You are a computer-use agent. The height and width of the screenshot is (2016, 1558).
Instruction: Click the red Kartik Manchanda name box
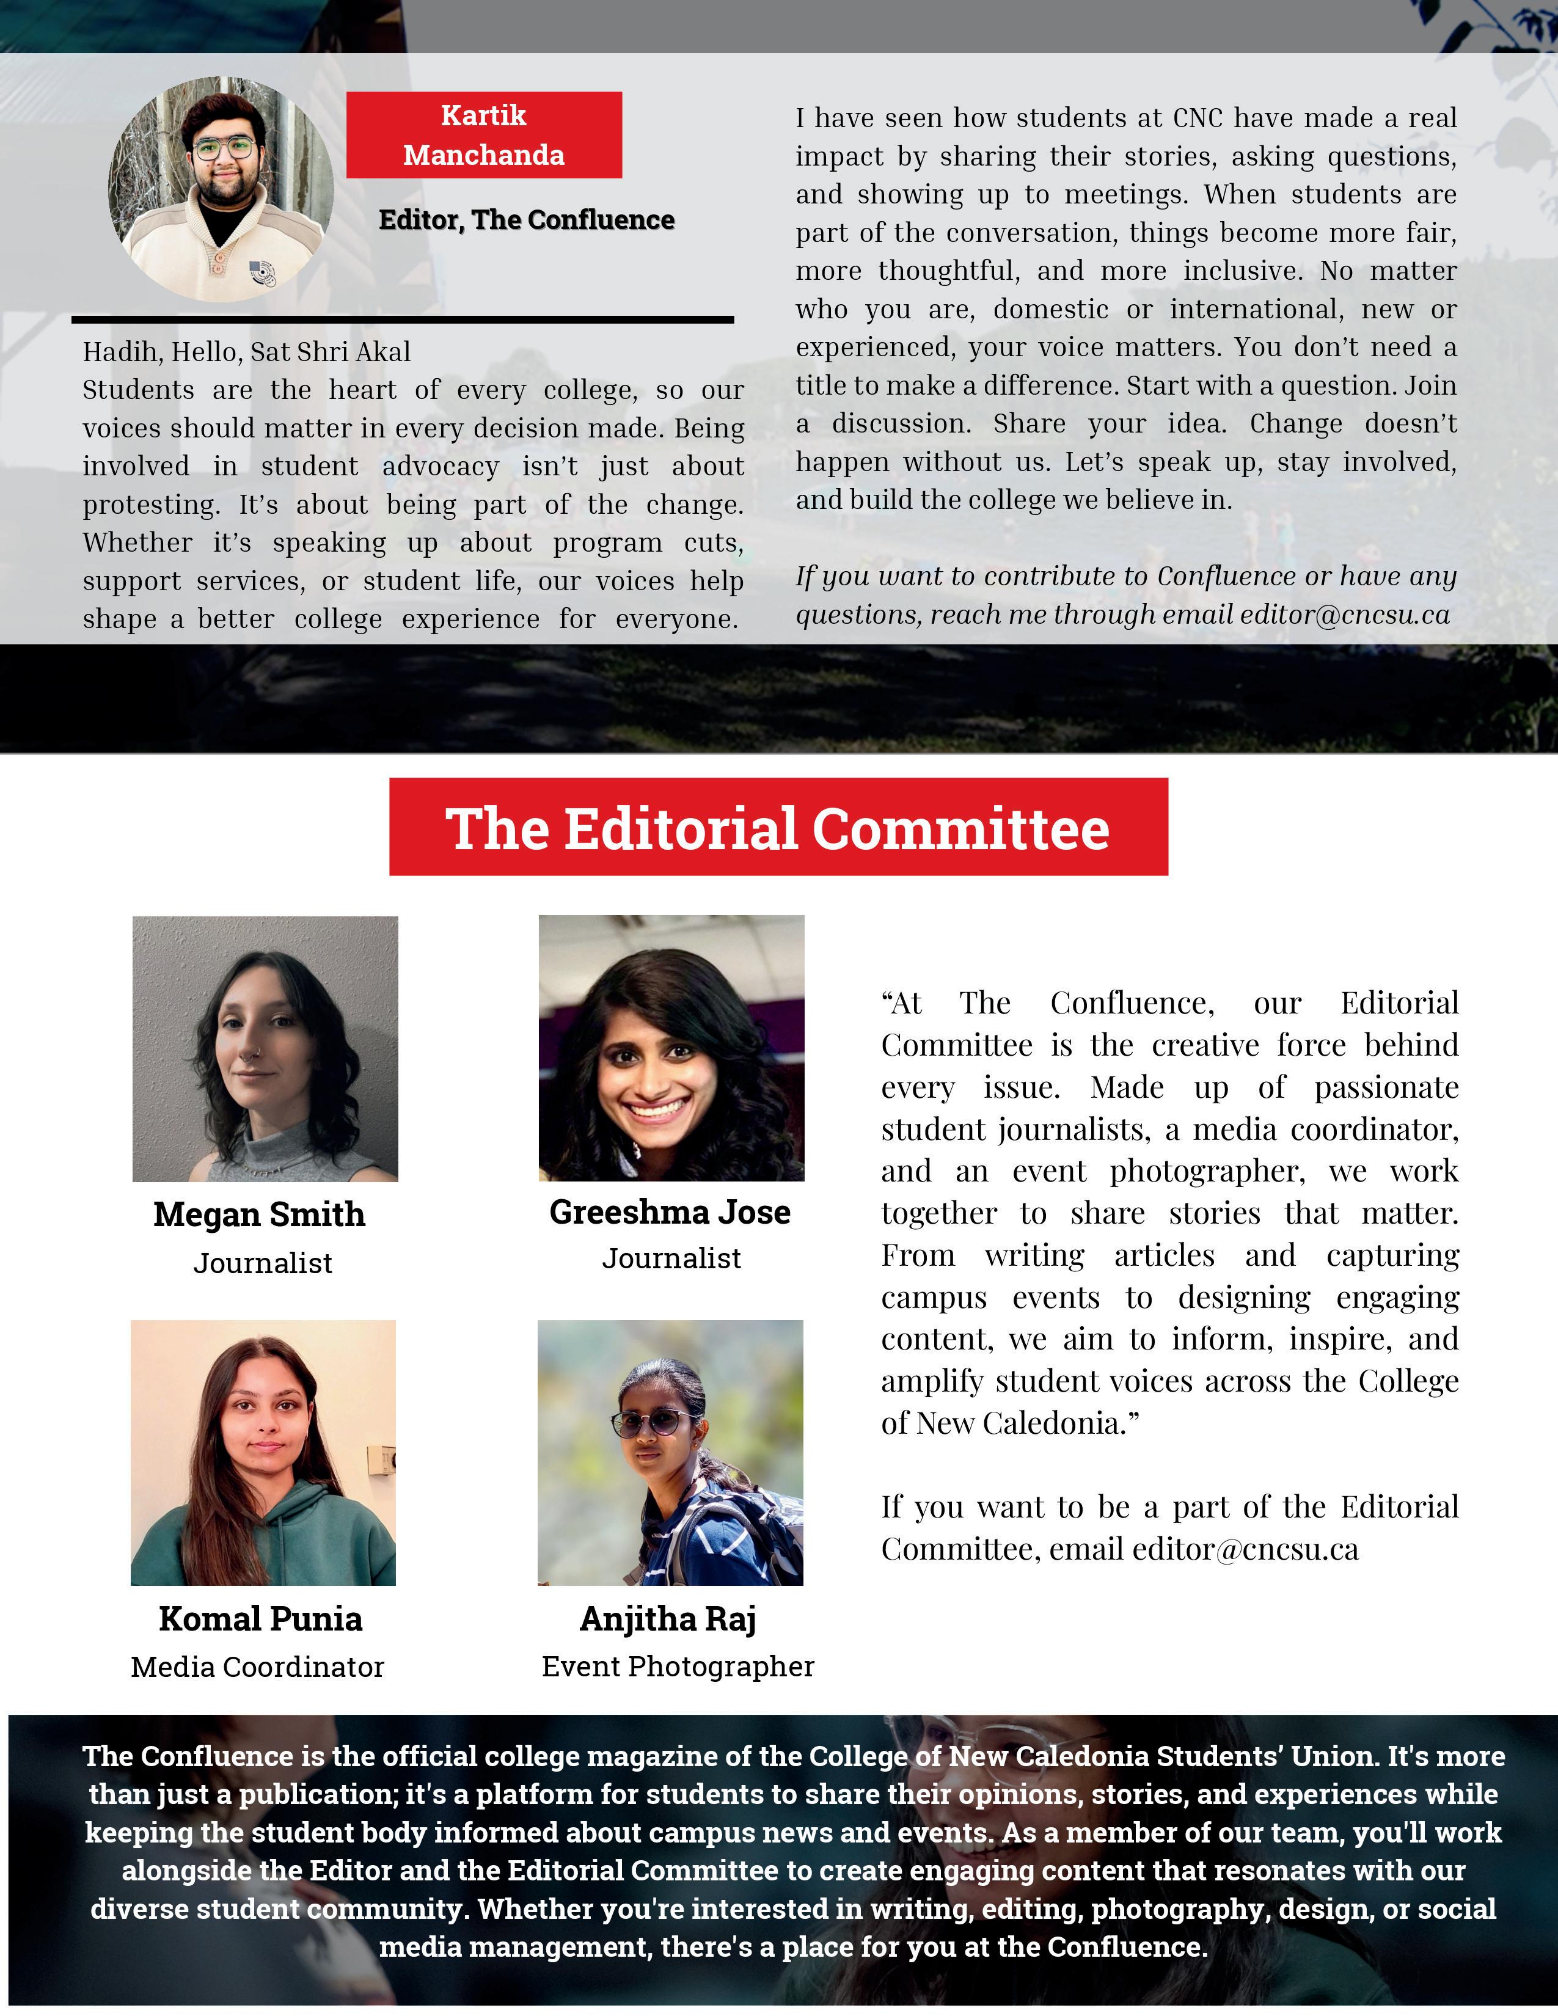point(484,135)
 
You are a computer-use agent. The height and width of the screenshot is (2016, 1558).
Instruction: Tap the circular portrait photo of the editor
point(222,189)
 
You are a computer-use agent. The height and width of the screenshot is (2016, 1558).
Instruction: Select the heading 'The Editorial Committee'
point(778,827)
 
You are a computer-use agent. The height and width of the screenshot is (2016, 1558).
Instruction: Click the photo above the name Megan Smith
point(265,1048)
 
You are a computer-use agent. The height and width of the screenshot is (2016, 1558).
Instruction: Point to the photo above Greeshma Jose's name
point(671,1048)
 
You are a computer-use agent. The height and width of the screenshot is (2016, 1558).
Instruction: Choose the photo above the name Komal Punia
point(263,1452)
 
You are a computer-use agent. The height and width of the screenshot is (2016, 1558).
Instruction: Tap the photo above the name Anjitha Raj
point(670,1452)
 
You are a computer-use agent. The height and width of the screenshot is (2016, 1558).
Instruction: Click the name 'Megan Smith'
point(259,1214)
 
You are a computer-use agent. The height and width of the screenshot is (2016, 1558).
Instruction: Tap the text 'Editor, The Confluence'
point(526,220)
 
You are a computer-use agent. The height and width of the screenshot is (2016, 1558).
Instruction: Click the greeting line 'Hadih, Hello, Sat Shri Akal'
point(246,352)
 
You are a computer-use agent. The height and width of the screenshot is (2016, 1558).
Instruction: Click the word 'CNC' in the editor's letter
point(1197,118)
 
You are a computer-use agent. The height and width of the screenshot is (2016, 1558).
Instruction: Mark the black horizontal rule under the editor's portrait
point(403,320)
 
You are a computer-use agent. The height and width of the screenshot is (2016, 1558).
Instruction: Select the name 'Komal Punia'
point(260,1618)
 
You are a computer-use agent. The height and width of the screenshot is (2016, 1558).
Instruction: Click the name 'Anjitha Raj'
point(668,1618)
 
